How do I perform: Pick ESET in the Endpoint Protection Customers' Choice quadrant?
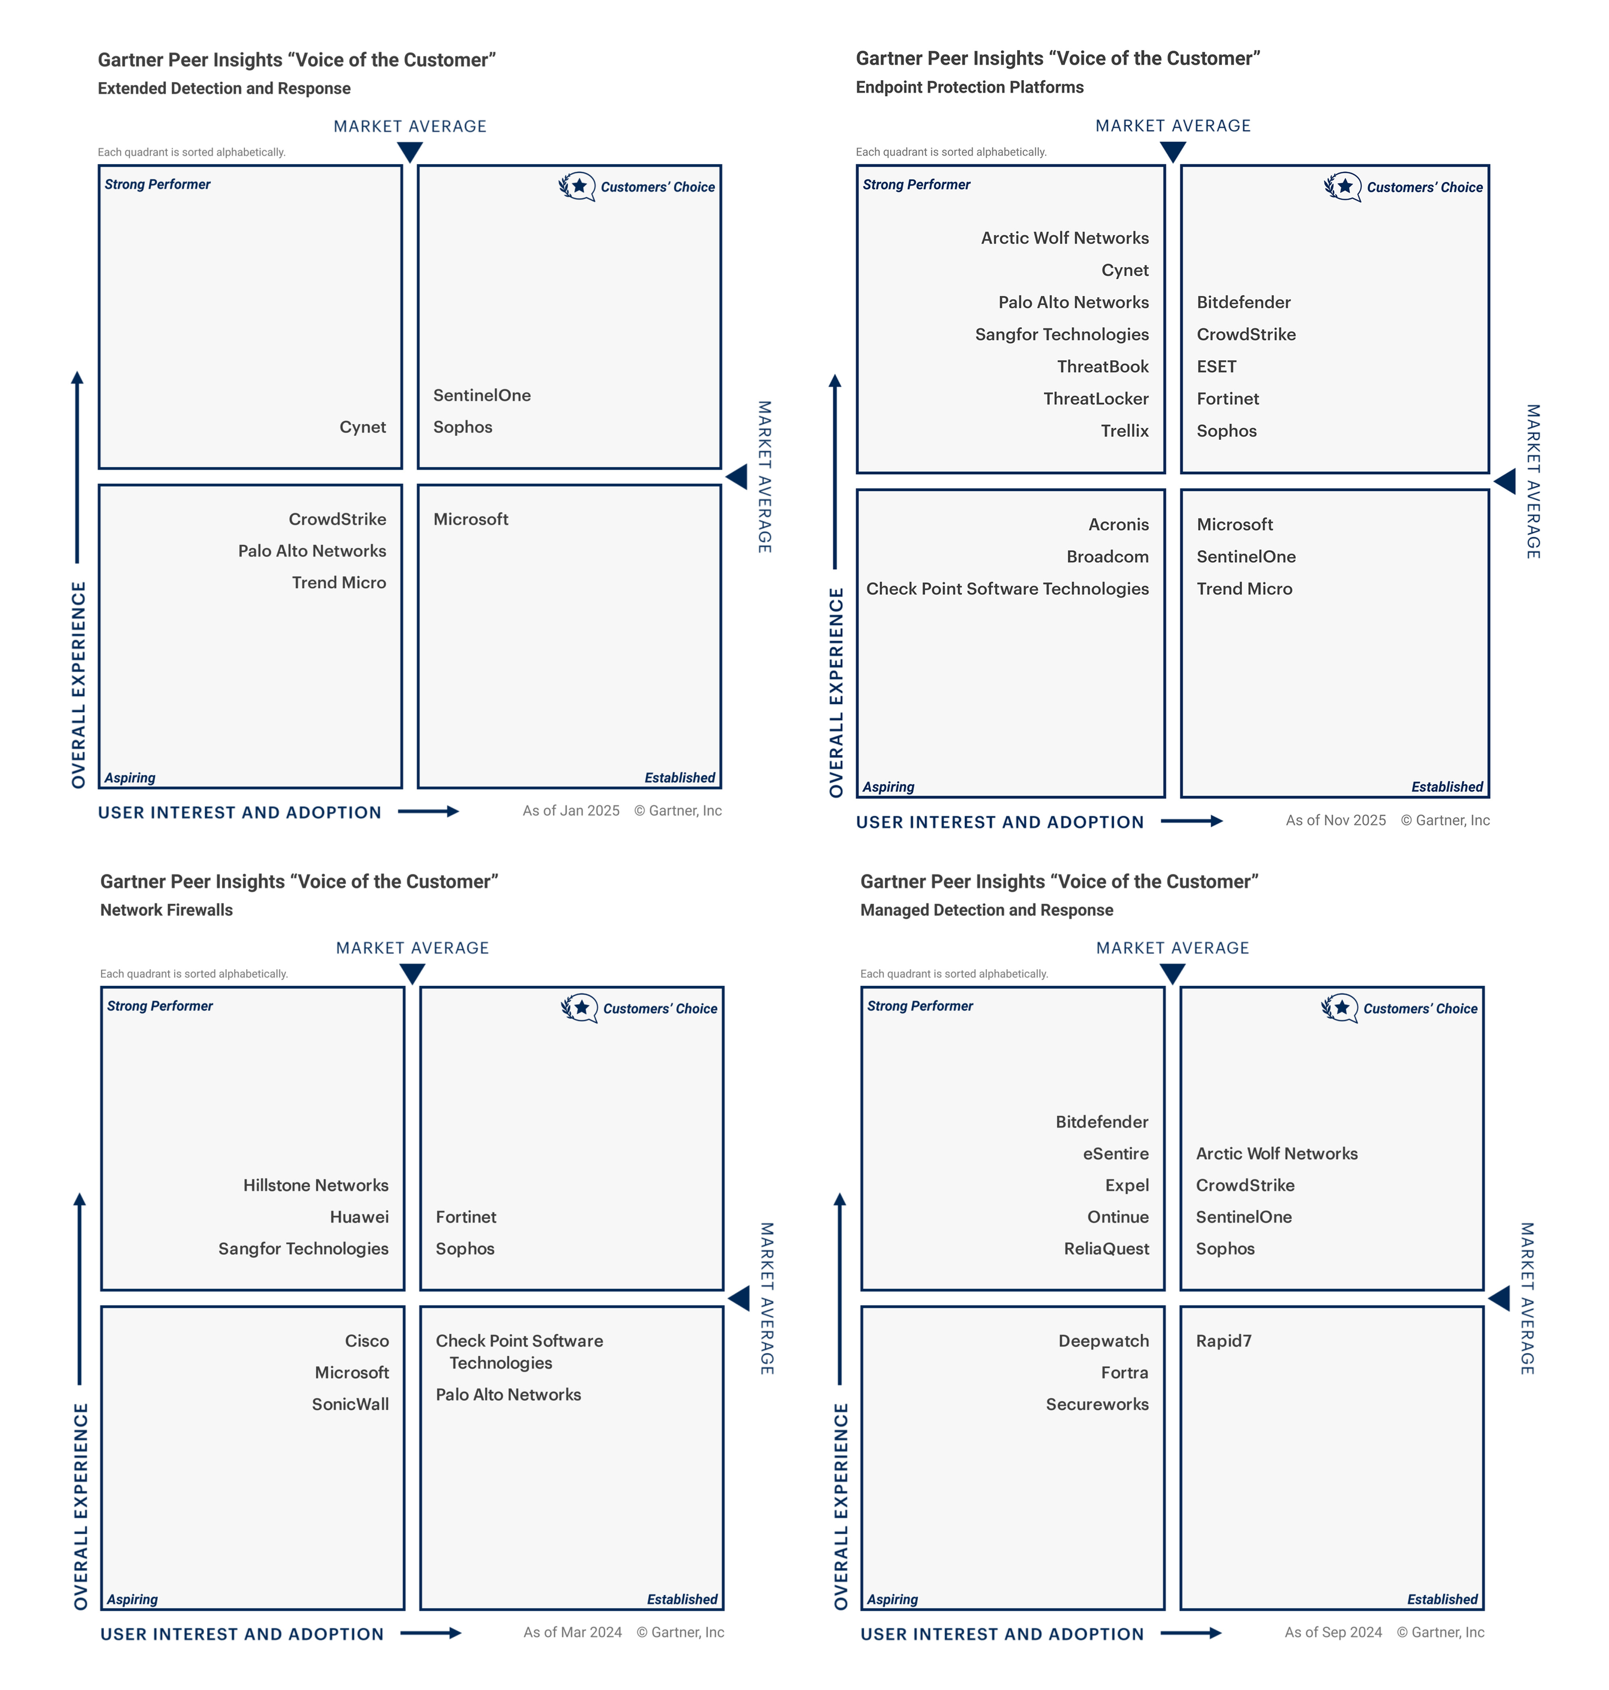point(1216,366)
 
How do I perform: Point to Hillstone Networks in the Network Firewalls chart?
point(316,1185)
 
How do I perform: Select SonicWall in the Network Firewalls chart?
point(350,1404)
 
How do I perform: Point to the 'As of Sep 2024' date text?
point(1333,1632)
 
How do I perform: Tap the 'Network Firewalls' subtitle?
point(167,909)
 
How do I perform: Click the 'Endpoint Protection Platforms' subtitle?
point(969,87)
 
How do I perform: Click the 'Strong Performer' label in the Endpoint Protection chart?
point(916,184)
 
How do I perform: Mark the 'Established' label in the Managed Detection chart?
point(1442,1599)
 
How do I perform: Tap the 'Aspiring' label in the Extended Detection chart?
point(130,777)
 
